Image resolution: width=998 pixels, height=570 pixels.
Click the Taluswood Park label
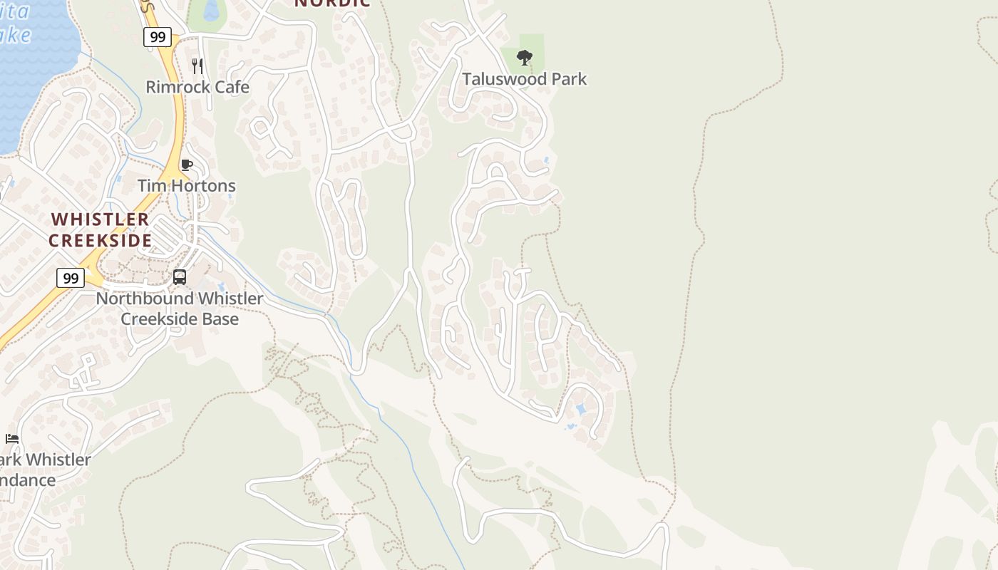click(524, 79)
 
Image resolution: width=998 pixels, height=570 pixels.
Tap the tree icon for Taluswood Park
click(524, 57)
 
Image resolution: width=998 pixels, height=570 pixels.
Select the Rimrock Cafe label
click(197, 87)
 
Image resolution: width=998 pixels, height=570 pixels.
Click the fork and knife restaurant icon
click(197, 66)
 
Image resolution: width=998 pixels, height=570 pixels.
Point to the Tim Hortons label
click(186, 186)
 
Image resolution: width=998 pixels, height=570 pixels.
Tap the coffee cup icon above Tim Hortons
click(187, 165)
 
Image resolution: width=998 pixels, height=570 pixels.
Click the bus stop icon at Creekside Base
click(180, 277)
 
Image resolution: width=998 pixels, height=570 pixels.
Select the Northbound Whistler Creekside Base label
click(180, 308)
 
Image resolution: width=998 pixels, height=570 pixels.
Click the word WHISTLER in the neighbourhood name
click(100, 219)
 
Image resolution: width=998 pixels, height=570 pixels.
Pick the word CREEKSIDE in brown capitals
click(100, 240)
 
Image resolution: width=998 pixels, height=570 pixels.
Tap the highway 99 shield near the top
click(157, 37)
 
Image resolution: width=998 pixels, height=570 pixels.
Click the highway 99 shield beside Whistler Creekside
click(70, 278)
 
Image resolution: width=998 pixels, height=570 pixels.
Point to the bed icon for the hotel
click(12, 439)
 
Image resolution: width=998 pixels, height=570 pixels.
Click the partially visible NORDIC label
click(332, 3)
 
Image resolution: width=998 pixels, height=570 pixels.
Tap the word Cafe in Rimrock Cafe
click(230, 87)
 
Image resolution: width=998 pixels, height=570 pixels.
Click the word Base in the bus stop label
click(218, 318)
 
